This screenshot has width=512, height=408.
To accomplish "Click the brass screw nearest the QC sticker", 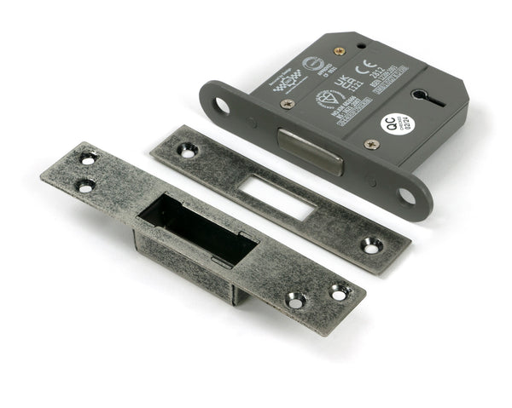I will click(370, 145).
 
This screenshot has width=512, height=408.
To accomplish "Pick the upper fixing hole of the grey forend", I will click(222, 106).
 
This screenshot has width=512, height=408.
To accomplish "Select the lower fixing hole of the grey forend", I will click(405, 197).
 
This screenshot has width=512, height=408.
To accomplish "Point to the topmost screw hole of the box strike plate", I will click(88, 158).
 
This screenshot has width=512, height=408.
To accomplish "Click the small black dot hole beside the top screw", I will click(362, 45).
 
